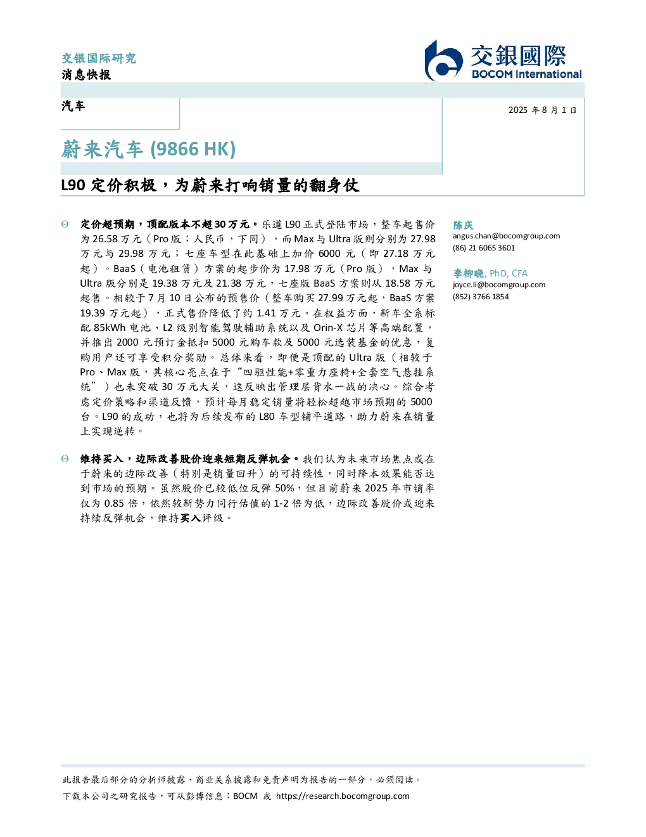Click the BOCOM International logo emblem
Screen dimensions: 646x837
pyautogui.click(x=443, y=60)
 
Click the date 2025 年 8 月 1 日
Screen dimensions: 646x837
pyautogui.click(x=543, y=110)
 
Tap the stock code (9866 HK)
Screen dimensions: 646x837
pyautogui.click(x=193, y=149)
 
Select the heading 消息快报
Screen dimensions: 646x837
pyautogui.click(x=86, y=74)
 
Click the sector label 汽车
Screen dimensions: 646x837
pyautogui.click(x=73, y=106)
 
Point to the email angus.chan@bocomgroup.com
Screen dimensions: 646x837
pyautogui.click(x=506, y=236)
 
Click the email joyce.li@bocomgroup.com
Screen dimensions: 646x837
pyautogui.click(x=499, y=285)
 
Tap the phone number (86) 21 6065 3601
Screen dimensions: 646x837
pyautogui.click(x=484, y=248)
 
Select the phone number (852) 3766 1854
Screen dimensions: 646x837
pyautogui.click(x=481, y=297)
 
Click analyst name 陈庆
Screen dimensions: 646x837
pyautogui.click(x=463, y=225)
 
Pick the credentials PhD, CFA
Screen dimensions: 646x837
pyautogui.click(x=509, y=273)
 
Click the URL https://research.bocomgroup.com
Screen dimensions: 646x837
pyautogui.click(x=343, y=796)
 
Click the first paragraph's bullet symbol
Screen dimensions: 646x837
pyautogui.click(x=65, y=224)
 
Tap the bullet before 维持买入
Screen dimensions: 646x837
pyautogui.click(x=65, y=458)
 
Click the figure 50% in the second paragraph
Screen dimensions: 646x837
pyautogui.click(x=284, y=488)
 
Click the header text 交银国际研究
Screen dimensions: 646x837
pyautogui.click(x=99, y=58)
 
